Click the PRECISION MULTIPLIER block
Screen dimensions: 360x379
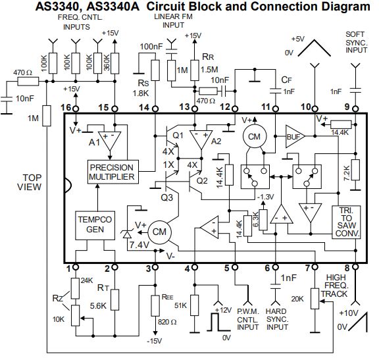[x=112, y=172]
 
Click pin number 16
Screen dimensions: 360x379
[x=65, y=107]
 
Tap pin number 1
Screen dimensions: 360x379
[x=68, y=268]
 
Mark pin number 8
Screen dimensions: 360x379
[x=348, y=268]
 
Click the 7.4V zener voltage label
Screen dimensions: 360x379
[x=138, y=245]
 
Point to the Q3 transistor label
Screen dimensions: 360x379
[x=167, y=197]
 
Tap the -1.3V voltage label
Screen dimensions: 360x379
[x=266, y=197]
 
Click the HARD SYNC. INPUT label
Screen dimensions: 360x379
[x=277, y=323]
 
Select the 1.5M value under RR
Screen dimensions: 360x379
[x=210, y=70]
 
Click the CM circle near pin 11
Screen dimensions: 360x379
[x=252, y=136]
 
